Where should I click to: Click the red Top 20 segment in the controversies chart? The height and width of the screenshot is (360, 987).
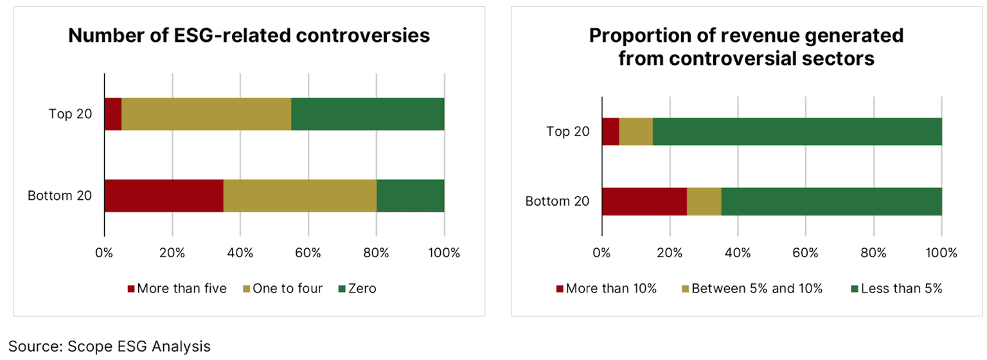pos(113,114)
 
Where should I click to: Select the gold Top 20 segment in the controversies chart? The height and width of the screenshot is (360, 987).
pos(206,114)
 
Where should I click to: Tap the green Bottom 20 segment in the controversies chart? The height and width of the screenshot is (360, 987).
pos(411,195)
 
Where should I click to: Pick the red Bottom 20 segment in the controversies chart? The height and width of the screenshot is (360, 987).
pos(164,195)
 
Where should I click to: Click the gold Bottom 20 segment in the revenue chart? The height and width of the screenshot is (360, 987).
pos(704,201)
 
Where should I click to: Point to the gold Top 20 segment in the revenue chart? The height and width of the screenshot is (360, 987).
pos(636,131)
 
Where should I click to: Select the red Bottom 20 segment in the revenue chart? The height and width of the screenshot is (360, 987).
pos(645,201)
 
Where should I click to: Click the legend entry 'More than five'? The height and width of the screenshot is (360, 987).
pos(177,289)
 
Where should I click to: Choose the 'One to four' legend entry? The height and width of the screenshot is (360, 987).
pos(283,289)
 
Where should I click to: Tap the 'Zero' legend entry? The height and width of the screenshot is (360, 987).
pos(357,289)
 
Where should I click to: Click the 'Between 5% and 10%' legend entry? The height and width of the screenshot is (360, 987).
pos(752,289)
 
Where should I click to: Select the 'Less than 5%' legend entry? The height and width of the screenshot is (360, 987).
pos(896,289)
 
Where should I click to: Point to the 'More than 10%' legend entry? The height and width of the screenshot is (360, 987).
pos(607,289)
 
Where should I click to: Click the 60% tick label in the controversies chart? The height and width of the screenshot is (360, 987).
pos(308,253)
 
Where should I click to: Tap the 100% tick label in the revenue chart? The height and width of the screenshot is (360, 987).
pos(941,253)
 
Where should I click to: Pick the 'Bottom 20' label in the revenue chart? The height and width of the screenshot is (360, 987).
pos(557,201)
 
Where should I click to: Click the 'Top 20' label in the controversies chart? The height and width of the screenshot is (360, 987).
pos(71,114)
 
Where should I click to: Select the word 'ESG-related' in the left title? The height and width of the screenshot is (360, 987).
pos(232,36)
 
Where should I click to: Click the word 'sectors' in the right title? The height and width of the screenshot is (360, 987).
pos(837,59)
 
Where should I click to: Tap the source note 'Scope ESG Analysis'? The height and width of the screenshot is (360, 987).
pos(139,346)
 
